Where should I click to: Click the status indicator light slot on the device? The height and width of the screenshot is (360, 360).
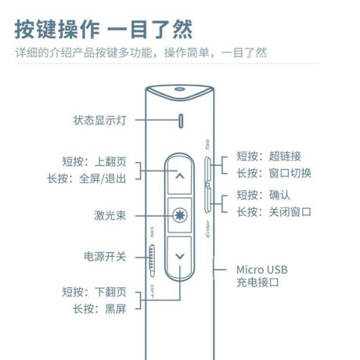pyautogui.click(x=181, y=121)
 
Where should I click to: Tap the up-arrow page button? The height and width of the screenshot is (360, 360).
pyautogui.click(x=179, y=176)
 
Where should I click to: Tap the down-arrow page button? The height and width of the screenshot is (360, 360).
pyautogui.click(x=179, y=257)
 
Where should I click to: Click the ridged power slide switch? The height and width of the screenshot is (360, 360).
pyautogui.click(x=152, y=261)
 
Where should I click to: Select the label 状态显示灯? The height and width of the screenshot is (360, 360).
pyautogui.click(x=100, y=120)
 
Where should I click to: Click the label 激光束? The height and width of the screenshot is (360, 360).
pyautogui.click(x=110, y=215)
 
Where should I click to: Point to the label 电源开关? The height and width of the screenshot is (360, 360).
pyautogui.click(x=105, y=256)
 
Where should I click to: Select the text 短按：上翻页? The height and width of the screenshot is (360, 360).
pyautogui.click(x=94, y=161)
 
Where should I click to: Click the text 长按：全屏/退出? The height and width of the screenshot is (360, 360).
pyautogui.click(x=86, y=179)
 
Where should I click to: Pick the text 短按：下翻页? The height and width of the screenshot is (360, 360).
pyautogui.click(x=94, y=292)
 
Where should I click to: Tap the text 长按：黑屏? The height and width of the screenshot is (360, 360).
pyautogui.click(x=99, y=309)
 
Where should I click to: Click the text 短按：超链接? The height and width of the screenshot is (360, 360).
pyautogui.click(x=269, y=156)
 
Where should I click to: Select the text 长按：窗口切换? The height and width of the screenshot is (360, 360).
pyautogui.click(x=274, y=173)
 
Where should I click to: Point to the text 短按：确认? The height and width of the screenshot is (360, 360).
pyautogui.click(x=264, y=195)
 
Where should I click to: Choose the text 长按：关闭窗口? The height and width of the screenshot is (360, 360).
pyautogui.click(x=274, y=212)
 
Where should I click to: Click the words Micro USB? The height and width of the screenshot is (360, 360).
pyautogui.click(x=262, y=270)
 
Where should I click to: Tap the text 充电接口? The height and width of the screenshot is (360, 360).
pyautogui.click(x=258, y=282)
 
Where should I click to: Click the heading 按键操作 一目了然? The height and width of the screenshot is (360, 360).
pyautogui.click(x=104, y=30)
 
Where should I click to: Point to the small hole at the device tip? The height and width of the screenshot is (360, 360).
pyautogui.click(x=180, y=89)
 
